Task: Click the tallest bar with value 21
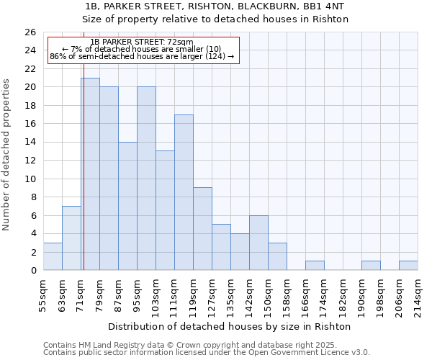(x=90, y=174)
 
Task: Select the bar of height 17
(x=184, y=192)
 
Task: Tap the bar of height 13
(x=165, y=210)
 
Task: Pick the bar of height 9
(x=202, y=229)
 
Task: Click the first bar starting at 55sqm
(x=53, y=256)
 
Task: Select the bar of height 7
(x=71, y=238)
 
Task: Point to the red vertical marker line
(x=84, y=166)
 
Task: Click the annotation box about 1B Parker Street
(x=143, y=50)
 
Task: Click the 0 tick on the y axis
(x=32, y=271)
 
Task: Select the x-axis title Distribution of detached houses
(x=233, y=326)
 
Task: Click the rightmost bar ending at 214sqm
(x=408, y=266)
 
